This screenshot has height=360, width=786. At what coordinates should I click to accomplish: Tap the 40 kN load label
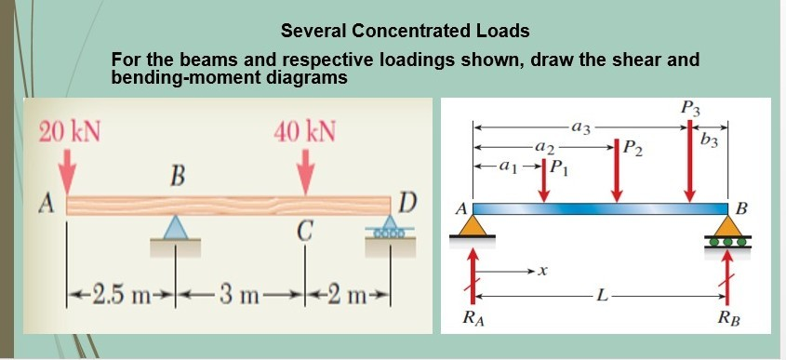(x=306, y=130)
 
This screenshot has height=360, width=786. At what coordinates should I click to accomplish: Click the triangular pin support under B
(x=174, y=227)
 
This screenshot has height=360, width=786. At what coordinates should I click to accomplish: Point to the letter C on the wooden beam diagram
(x=303, y=231)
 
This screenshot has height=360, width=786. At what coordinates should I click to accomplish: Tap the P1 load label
(x=556, y=168)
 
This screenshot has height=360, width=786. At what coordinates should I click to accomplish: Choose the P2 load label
(x=633, y=146)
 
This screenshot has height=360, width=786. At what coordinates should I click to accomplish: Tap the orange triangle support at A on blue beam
(x=473, y=224)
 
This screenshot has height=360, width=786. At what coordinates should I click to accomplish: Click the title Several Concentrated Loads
(x=405, y=31)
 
